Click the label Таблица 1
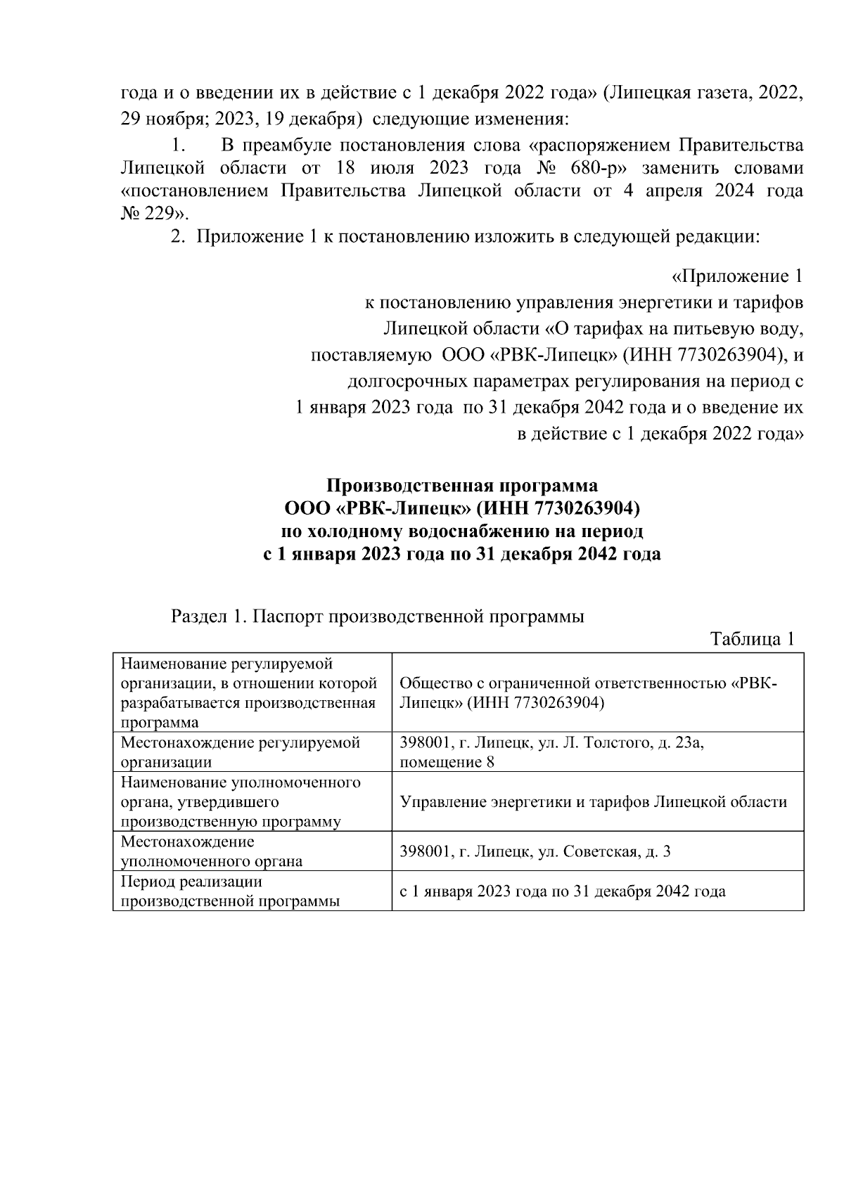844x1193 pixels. click(753, 640)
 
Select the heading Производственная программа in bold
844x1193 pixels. click(462, 486)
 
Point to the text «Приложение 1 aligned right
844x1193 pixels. click(738, 276)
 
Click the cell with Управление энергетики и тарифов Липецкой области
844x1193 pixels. click(593, 802)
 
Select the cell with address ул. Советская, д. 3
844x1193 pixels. click(535, 851)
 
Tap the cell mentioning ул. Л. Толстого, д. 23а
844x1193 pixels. click(552, 752)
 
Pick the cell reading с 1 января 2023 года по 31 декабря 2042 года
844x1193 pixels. click(563, 891)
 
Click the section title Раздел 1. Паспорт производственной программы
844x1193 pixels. click(378, 617)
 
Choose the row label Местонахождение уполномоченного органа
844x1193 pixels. click(212, 851)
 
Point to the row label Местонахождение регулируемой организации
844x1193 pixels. click(240, 752)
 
